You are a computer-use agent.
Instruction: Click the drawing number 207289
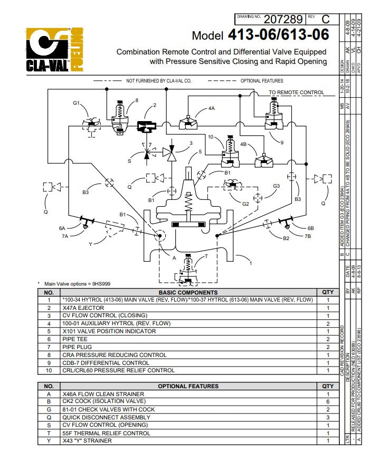pos(283,20)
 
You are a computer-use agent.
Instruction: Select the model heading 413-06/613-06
pos(279,35)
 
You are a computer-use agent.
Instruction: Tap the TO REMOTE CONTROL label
pos(297,93)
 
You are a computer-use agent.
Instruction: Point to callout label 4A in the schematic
pos(211,108)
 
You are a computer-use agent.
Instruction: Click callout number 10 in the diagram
pos(210,137)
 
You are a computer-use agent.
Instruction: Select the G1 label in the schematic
pos(76,103)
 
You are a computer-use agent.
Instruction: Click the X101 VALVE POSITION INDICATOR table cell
pos(109,331)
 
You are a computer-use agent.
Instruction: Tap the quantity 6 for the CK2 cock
pos(327,401)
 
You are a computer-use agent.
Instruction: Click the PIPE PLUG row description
pos(77,347)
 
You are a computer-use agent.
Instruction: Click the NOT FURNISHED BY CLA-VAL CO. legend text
pos(158,81)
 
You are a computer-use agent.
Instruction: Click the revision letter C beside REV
pos(325,20)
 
